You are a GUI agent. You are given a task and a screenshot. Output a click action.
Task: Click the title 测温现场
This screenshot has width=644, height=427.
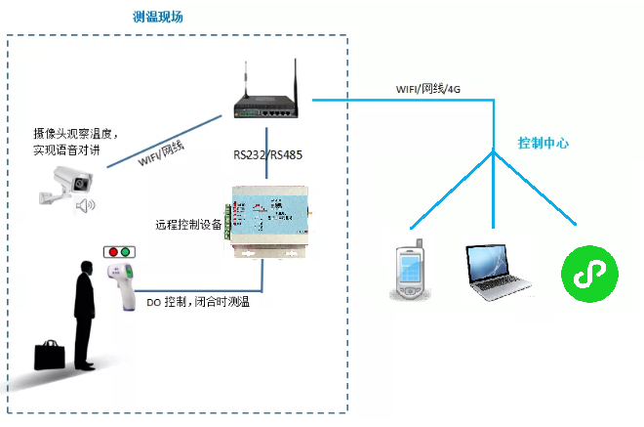pos(157,18)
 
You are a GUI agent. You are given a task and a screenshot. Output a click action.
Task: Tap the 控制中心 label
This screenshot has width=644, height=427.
pos(543,144)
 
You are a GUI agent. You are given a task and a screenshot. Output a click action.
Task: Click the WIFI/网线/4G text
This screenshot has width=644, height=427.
pos(426,89)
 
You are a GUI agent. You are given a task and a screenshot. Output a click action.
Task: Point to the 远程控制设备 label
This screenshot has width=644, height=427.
pos(187,224)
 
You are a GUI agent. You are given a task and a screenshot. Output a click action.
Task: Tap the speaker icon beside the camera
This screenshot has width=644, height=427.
pos(87,204)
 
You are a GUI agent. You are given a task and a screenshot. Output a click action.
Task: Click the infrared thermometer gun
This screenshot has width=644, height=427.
pos(125,284)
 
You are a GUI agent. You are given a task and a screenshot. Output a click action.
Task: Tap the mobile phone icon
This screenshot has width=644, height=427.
pos(411,271)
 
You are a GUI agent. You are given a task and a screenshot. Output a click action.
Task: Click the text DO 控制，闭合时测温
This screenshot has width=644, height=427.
pos(198,303)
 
